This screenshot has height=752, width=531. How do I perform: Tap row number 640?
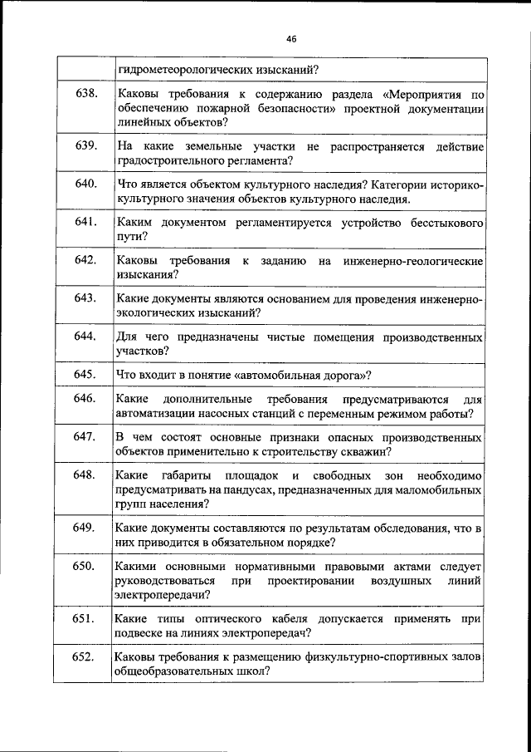(86, 184)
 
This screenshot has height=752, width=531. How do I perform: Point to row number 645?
(86, 374)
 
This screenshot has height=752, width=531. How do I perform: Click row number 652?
(86, 656)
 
